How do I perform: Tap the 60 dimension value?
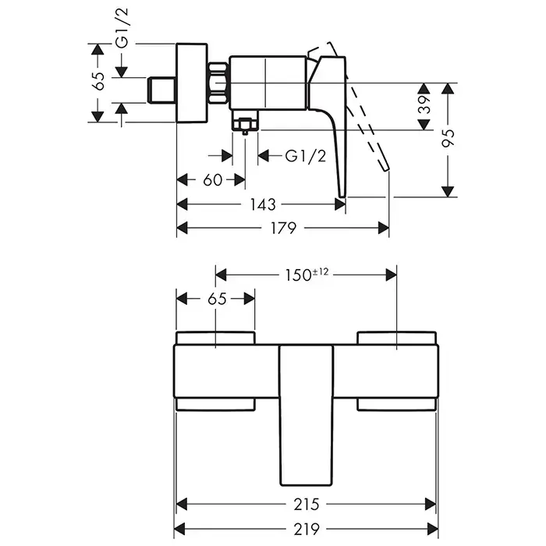212,180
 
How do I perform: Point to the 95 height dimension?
447,138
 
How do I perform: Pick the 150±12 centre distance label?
307,274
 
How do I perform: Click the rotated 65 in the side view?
99,82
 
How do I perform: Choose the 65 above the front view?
217,298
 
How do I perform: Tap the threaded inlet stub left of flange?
163,88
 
